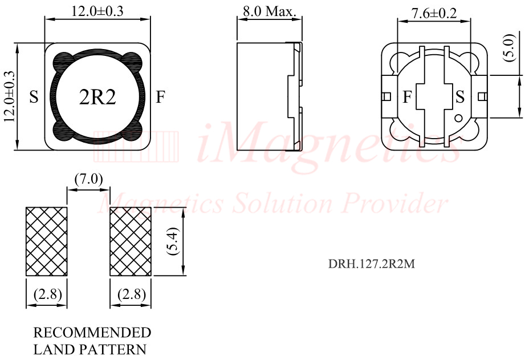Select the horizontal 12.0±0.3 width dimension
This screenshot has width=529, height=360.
point(97,10)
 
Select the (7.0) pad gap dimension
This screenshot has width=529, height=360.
point(88,179)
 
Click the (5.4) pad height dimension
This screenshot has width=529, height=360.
point(174,242)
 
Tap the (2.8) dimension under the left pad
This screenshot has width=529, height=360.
point(47,294)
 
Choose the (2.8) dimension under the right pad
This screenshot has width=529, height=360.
point(130,294)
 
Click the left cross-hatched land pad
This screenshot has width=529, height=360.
point(47,242)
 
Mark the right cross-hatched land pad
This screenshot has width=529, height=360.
point(130,242)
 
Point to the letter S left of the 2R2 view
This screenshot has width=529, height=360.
point(34,98)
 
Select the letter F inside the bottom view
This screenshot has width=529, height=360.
point(407,98)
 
